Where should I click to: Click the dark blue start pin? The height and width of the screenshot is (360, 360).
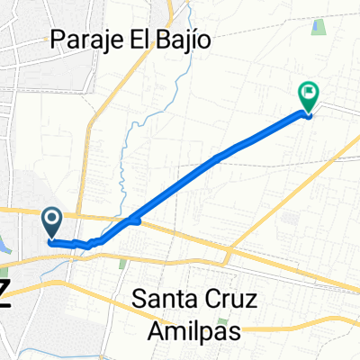(x=51, y=220)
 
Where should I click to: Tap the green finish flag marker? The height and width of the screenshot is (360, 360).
(x=309, y=93)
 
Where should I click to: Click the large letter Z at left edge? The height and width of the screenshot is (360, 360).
(x=4, y=295)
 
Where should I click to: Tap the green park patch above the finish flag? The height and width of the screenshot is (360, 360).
(x=318, y=26)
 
